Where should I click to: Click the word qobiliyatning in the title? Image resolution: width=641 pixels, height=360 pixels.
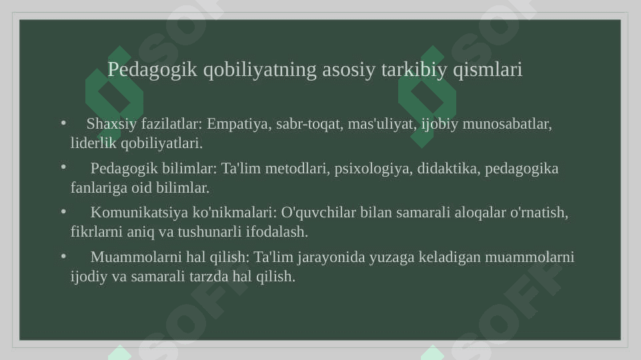tap(259, 70)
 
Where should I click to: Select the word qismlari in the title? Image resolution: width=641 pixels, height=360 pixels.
tap(488, 70)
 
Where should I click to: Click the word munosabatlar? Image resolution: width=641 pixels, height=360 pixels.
tap(507, 124)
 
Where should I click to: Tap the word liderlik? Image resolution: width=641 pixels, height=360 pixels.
tap(93, 143)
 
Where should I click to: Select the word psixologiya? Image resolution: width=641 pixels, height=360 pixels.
tap(374, 169)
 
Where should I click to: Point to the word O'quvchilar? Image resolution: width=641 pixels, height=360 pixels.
tap(318, 213)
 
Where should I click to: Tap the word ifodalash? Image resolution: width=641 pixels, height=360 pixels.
tap(277, 232)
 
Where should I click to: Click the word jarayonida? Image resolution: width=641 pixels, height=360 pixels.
tap(331, 257)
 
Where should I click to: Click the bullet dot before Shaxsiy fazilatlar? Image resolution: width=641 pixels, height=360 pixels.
tap(63, 123)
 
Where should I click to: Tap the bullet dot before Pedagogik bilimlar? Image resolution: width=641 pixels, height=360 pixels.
tap(63, 167)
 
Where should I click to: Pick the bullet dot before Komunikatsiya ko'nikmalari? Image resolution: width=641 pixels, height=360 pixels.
tap(63, 211)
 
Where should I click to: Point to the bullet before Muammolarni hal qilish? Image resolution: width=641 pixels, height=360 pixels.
tap(63, 256)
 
